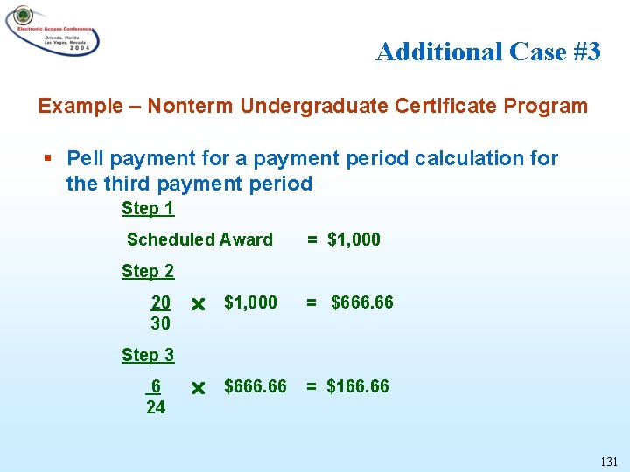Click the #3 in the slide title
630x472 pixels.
587,52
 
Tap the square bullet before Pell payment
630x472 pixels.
49,159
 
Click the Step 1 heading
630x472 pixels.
148,208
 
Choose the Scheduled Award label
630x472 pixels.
199,239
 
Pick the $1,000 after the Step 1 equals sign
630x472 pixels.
353,239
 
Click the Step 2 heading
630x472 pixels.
148,271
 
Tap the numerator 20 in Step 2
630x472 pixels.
161,302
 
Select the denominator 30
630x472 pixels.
160,323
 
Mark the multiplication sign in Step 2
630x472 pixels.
198,304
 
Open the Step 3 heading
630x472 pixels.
148,355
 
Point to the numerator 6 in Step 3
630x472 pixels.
156,386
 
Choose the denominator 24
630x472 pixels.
156,407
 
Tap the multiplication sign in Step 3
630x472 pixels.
198,387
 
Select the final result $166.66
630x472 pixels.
358,386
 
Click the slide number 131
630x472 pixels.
609,461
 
